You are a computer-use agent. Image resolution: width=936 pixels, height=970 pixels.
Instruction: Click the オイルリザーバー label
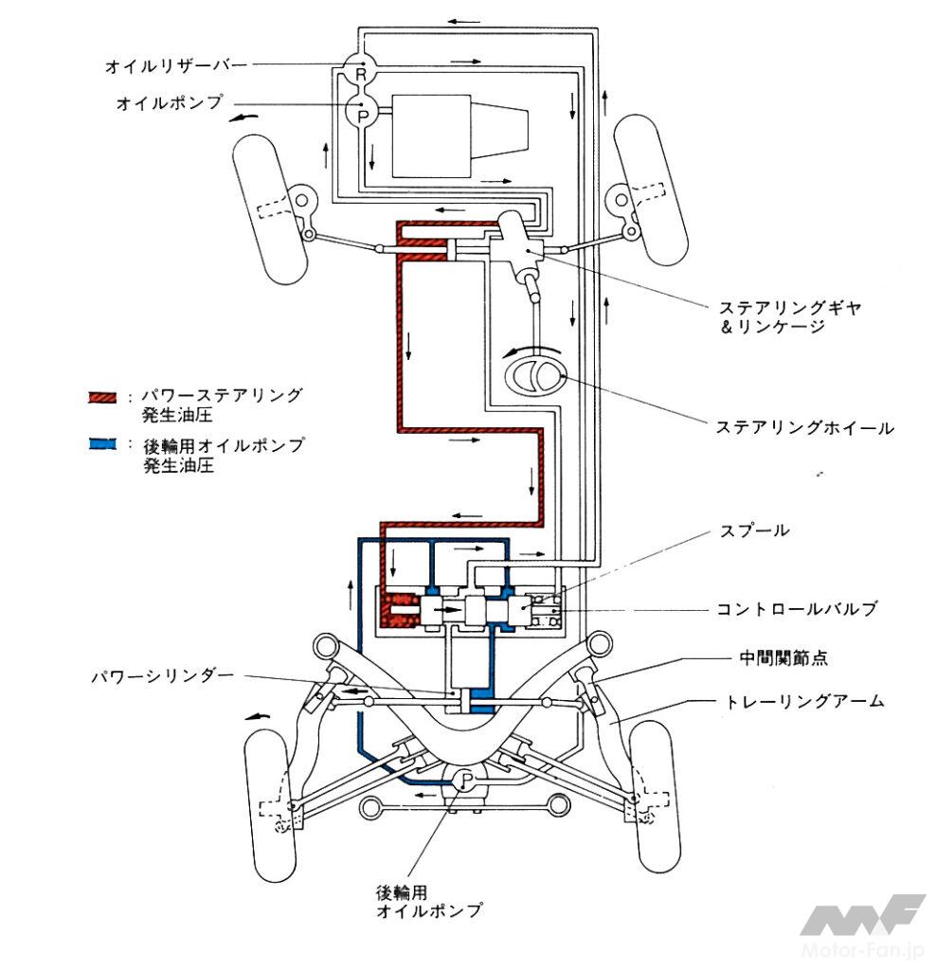(x=176, y=65)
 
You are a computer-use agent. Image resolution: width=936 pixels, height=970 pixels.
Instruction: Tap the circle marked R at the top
(x=360, y=72)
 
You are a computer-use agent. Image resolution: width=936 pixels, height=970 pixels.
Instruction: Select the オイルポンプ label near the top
(x=169, y=101)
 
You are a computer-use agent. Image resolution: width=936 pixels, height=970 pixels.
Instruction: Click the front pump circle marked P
(x=360, y=113)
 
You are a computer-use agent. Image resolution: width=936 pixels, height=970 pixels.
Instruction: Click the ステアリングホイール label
(x=804, y=428)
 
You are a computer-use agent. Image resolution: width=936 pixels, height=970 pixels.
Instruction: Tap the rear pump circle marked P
(x=465, y=781)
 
